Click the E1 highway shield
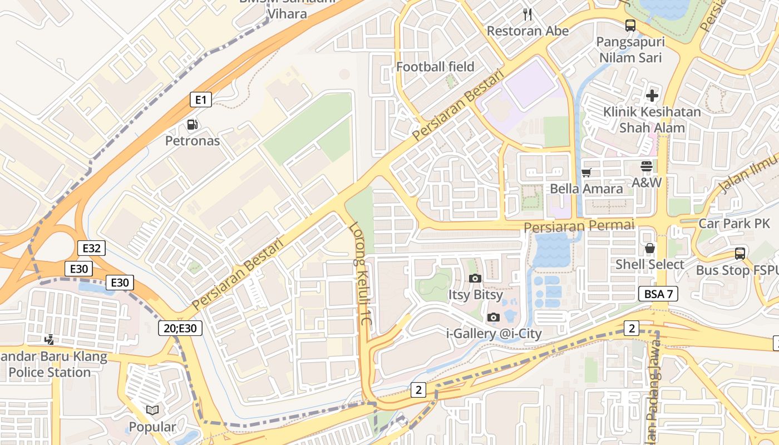pos(201,100)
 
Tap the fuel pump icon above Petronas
pos(192,125)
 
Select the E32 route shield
pos(91,248)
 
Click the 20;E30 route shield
pos(180,328)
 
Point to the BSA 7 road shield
pos(658,294)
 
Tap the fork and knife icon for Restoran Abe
pos(527,14)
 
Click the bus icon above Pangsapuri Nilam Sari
pos(630,26)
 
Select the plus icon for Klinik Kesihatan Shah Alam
pos(652,96)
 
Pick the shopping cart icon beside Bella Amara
pos(586,172)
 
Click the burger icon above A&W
pos(646,166)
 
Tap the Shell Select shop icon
pos(649,248)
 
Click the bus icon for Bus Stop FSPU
pos(739,254)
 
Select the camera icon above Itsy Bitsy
pos(475,278)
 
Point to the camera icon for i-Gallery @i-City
pos(493,318)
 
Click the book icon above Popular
pos(152,411)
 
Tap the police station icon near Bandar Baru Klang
pos(50,339)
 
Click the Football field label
pos(435,67)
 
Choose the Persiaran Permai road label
pos(579,226)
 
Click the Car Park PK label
pos(734,224)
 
